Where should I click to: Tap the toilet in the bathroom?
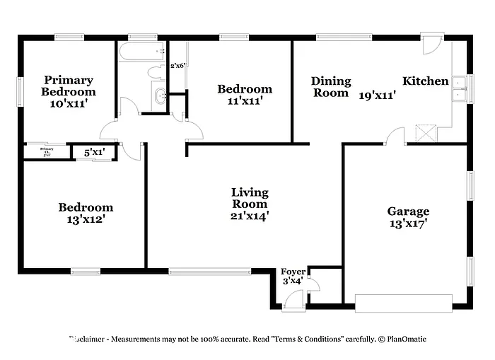(x=156, y=71)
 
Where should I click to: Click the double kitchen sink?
(x=459, y=88)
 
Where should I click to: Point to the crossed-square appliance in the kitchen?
(x=426, y=133)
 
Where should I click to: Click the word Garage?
(x=408, y=211)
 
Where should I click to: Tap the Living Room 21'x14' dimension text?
(x=250, y=216)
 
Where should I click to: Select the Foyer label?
(x=293, y=272)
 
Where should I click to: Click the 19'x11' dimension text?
(x=377, y=93)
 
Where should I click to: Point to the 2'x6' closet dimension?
(x=177, y=66)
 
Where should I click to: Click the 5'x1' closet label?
(x=94, y=151)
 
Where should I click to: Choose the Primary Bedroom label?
(x=68, y=86)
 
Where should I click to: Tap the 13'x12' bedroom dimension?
(x=86, y=220)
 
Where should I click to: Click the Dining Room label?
(x=330, y=87)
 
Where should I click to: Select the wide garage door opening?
(x=402, y=304)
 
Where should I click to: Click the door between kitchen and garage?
(x=395, y=136)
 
